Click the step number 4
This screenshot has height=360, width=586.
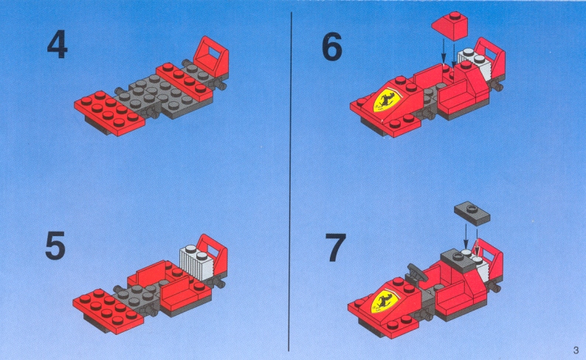(57, 44)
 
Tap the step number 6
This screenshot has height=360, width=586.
(332, 46)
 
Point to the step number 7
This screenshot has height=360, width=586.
(335, 248)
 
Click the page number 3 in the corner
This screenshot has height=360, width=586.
(576, 350)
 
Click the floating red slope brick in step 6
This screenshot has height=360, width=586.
(450, 25)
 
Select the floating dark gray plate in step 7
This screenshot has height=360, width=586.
(472, 214)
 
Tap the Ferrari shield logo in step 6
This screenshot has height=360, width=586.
(387, 100)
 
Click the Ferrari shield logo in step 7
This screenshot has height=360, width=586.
(385, 300)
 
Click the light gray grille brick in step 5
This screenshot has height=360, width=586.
(196, 263)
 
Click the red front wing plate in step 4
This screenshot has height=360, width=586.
(109, 112)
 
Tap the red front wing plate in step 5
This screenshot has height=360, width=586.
(108, 311)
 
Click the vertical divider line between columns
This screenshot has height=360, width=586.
(290, 181)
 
